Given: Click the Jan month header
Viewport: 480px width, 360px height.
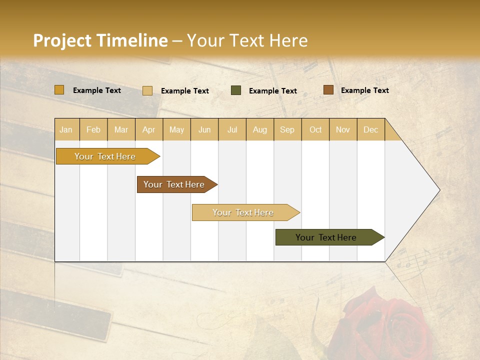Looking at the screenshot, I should pos(66,129).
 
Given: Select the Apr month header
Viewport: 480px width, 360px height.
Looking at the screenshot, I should pos(148,129).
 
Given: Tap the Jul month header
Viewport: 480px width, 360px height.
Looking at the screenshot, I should pos(232,129).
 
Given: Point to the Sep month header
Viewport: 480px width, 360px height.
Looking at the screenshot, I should pos(287,129).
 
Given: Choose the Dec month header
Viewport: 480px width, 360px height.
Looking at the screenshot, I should pos(370,129).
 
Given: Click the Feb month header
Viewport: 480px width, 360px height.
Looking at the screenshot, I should pos(93,129).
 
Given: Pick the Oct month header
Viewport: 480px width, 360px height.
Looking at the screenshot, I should pos(315,129).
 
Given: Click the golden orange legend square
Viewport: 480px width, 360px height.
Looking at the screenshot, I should pos(59,90).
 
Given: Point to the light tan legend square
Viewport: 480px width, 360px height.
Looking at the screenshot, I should pos(147,90).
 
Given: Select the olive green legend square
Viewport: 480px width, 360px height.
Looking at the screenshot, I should pos(236,90).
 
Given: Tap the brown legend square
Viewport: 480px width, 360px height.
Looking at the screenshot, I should pos(328,90).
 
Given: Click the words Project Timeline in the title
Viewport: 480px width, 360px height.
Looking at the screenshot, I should pos(100,40).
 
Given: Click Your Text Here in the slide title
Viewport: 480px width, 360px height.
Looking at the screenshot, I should pos(247,40).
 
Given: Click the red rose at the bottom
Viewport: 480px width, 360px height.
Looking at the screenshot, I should pos(385,325).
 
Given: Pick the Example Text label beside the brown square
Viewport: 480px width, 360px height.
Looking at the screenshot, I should pos(364,90).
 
